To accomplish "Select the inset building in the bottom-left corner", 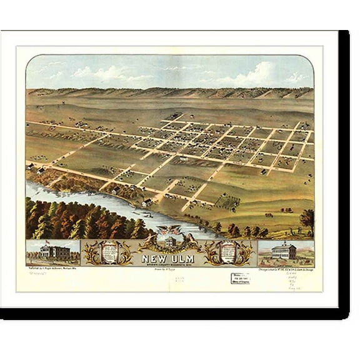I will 53,253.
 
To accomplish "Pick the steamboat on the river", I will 149,215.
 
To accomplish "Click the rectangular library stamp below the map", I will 241,278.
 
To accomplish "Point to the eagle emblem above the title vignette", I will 169,231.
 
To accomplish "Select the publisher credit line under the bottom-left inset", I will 53,269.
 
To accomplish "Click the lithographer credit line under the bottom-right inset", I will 284,269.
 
